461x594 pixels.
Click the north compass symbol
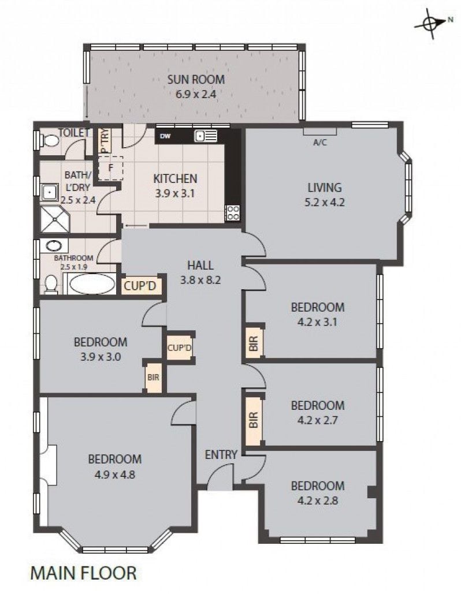point(432,24)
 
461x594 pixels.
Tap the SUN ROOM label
point(196,79)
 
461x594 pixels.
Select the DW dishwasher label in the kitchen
point(165,136)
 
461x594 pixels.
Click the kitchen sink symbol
point(206,136)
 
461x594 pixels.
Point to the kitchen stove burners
point(232,212)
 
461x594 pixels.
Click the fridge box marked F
point(110,168)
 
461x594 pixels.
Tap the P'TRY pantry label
point(105,141)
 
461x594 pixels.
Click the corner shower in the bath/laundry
point(54,219)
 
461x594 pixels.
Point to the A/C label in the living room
point(320,143)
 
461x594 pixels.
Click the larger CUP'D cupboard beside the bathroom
point(140,286)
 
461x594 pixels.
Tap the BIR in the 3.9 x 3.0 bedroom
point(154,378)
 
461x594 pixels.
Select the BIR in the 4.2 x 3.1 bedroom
point(254,343)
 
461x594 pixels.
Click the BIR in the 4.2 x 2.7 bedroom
point(254,420)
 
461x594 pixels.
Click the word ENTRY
point(221,455)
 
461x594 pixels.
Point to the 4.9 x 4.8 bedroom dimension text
point(115,475)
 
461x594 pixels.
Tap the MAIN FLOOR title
point(83,573)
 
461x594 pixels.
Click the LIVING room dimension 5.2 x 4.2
point(325,202)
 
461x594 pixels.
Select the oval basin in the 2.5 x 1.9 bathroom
point(54,246)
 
